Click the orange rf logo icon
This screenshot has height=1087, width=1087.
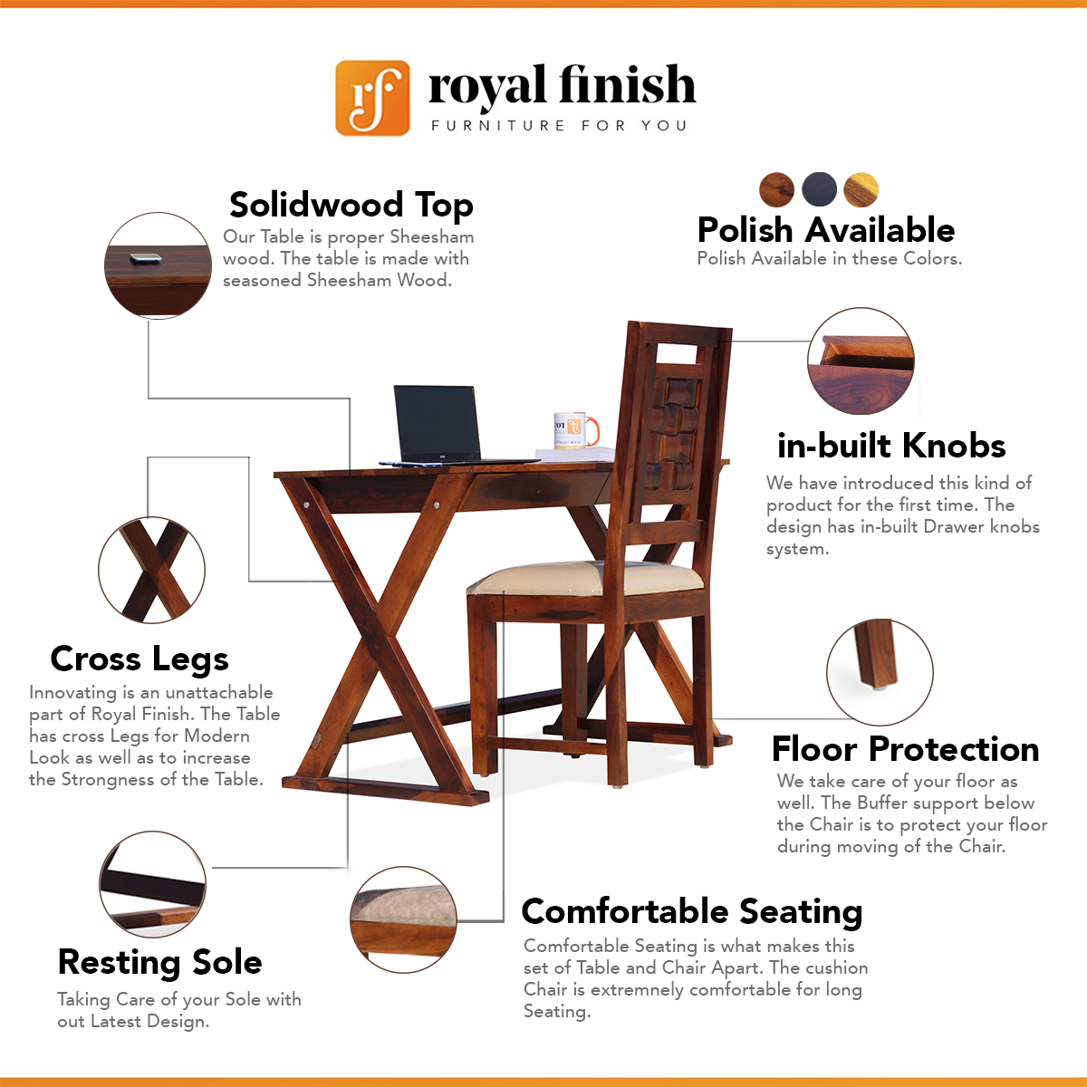pos(372,98)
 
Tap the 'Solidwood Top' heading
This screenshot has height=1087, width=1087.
pos(351,205)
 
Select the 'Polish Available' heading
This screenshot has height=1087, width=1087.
pos(825,230)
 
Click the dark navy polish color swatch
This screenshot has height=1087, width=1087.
pos(819,189)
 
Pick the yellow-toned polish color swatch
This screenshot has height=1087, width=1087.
pos(861,189)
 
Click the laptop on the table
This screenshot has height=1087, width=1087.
pos(446,426)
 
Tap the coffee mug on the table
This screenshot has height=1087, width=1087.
pos(575,430)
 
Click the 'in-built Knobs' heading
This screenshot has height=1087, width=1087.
pos(891,446)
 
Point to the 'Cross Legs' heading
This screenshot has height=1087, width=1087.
pos(139,659)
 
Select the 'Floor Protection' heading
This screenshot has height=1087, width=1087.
pos(905,749)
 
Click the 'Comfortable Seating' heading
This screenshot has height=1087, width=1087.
pos(692,911)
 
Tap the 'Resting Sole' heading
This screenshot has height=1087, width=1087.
pos(160,962)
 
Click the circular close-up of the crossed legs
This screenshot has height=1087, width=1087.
pos(152,571)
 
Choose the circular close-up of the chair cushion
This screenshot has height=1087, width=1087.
pos(403,920)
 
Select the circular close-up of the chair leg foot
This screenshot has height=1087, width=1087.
pos(880,672)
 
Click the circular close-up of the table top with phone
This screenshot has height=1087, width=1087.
pos(158,265)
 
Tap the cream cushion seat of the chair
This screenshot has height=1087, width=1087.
pos(587,579)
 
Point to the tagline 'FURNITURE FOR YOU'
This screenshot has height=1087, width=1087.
pos(559,125)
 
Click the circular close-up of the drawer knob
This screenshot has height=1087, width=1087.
pos(861,361)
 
